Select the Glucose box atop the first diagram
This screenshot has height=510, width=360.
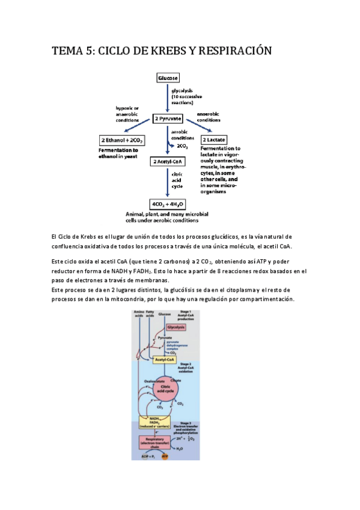tap(168, 78)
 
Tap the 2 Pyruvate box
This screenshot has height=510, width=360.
tap(168, 118)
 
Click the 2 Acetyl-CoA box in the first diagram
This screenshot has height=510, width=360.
tap(168, 162)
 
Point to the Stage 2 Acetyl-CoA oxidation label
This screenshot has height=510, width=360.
tap(186, 366)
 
